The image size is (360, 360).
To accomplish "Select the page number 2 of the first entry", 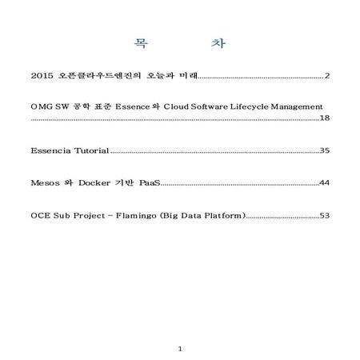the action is [328, 76].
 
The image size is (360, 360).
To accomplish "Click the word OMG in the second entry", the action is [41, 106].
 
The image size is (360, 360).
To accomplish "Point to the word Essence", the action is [137, 106].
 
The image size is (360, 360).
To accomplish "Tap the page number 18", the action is [325, 118].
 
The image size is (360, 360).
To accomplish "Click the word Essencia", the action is [51, 150].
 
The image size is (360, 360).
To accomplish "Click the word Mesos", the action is [45, 183].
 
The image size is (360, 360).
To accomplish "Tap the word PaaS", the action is [150, 183].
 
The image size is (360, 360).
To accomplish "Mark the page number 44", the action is [325, 183].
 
